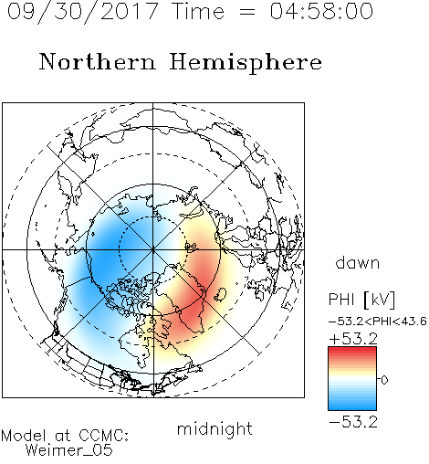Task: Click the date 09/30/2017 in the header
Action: [x=82, y=12]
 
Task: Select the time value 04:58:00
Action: [x=321, y=11]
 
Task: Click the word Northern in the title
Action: [x=98, y=61]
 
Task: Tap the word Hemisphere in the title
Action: [x=246, y=62]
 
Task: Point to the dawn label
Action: [x=358, y=262]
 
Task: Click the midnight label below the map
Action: [x=214, y=429]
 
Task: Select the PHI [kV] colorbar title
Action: [x=361, y=300]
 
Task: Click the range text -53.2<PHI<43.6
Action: [x=378, y=322]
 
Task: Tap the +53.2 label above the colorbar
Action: [x=353, y=339]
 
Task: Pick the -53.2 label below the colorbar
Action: [x=353, y=422]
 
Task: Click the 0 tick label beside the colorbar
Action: [x=384, y=380]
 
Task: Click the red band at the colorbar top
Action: [x=352, y=352]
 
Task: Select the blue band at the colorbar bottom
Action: [x=352, y=405]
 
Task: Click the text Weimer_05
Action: [x=69, y=450]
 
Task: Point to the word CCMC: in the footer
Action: [x=104, y=436]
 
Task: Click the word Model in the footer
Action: [x=24, y=436]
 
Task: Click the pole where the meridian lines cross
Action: [x=153, y=249]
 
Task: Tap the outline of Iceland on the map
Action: [x=220, y=294]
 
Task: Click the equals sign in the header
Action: [x=247, y=12]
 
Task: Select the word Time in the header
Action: [x=198, y=11]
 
